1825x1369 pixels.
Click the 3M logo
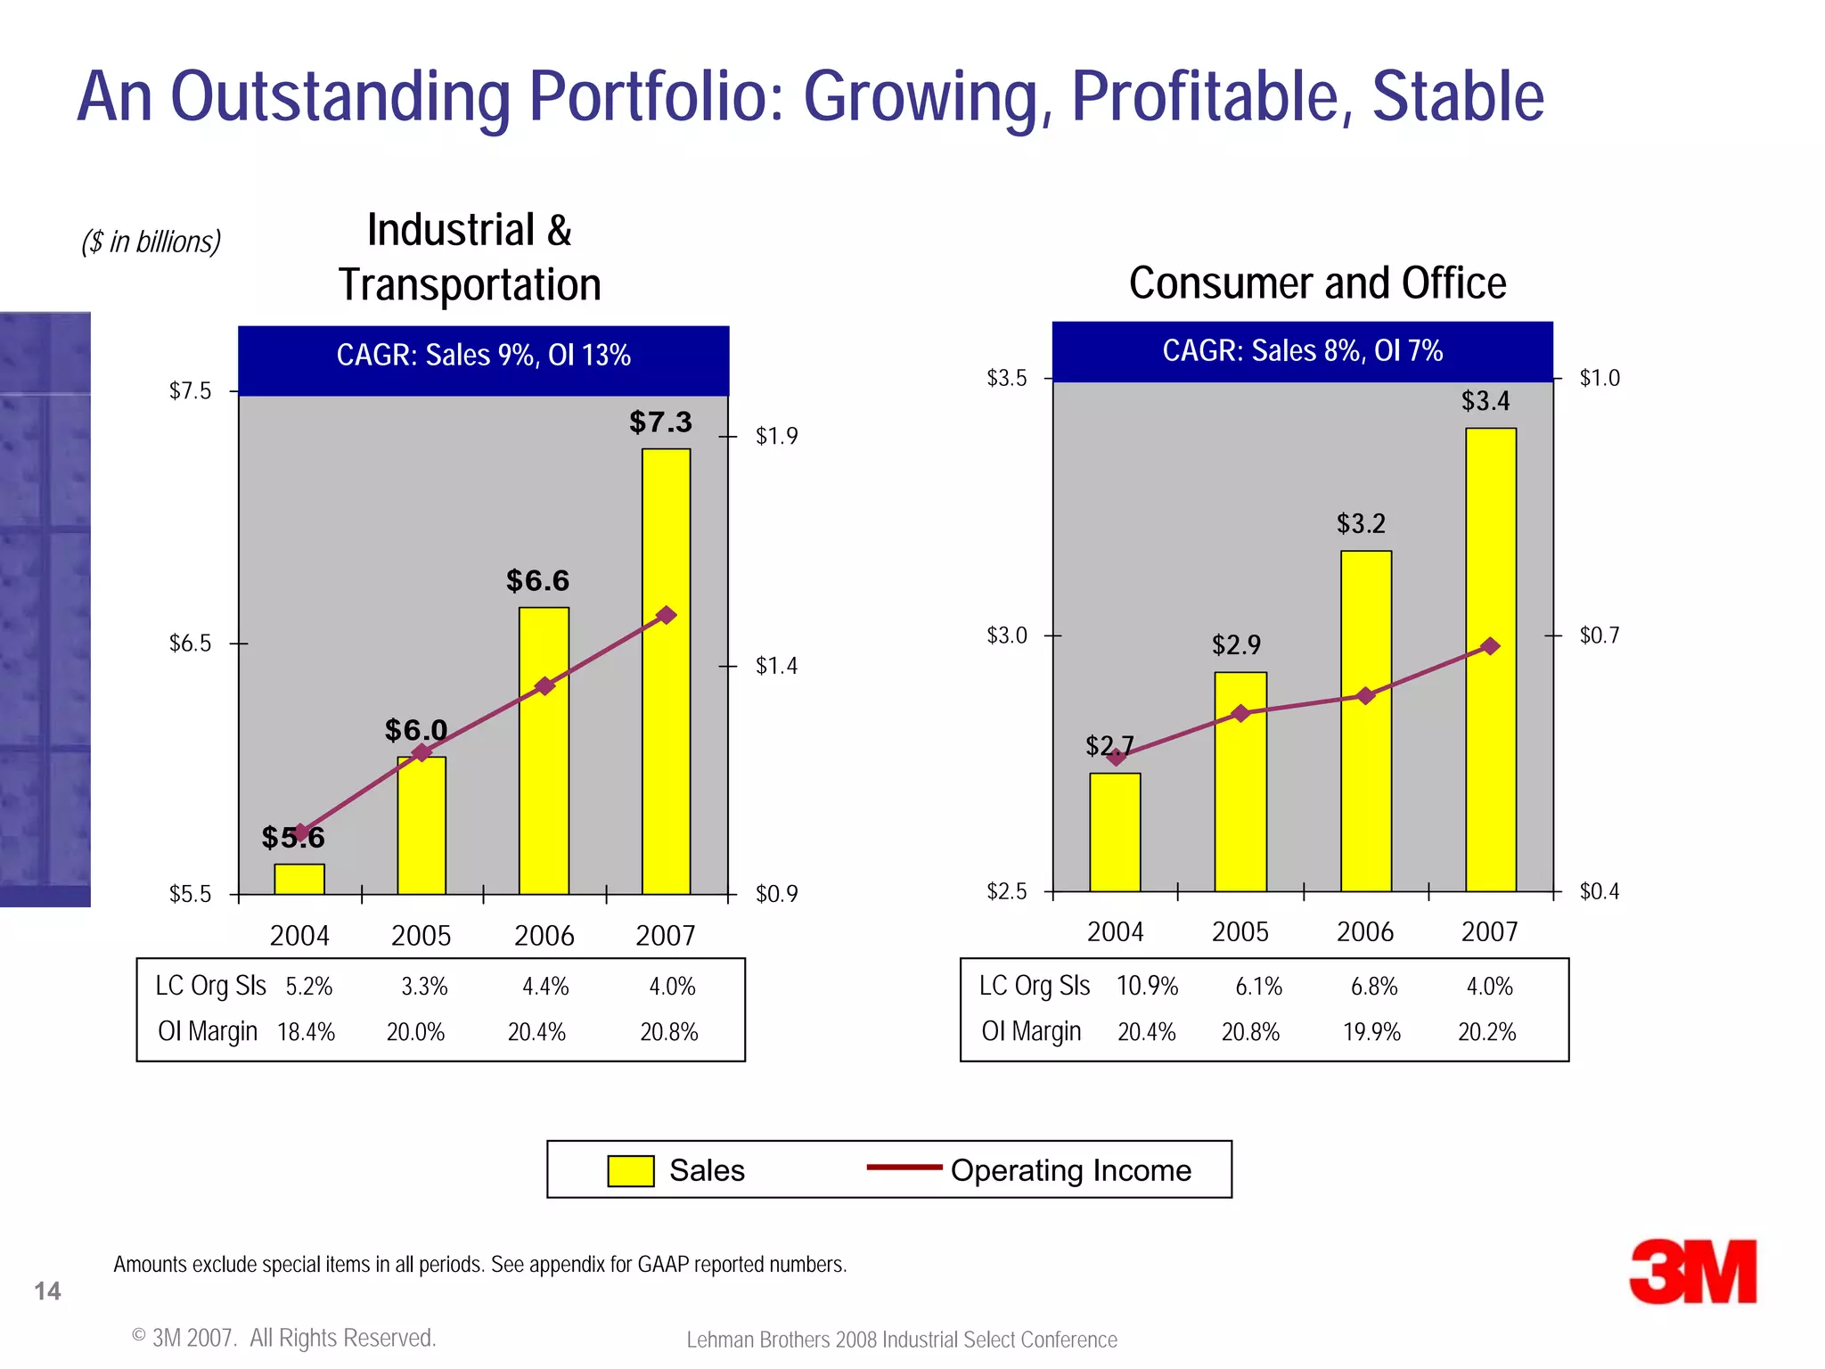point(1692,1272)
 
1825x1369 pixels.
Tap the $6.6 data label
point(537,581)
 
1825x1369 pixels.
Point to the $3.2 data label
point(1361,523)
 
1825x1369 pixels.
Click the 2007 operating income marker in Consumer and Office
point(1490,646)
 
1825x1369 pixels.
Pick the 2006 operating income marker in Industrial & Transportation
point(544,685)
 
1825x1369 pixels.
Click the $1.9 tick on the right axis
point(776,436)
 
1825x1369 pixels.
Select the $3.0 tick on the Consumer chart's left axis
point(1007,635)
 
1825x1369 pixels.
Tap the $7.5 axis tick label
point(191,391)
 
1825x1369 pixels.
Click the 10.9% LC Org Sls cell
point(1147,987)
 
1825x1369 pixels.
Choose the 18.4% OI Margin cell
point(306,1032)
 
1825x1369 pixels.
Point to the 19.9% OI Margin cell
point(1371,1032)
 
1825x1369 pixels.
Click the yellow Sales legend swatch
point(630,1170)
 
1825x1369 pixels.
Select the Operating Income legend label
point(1070,1170)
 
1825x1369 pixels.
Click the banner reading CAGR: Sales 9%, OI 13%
point(483,356)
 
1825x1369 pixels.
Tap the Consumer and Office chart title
point(1317,283)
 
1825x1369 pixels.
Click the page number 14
point(47,1291)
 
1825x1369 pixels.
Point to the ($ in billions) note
point(151,242)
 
